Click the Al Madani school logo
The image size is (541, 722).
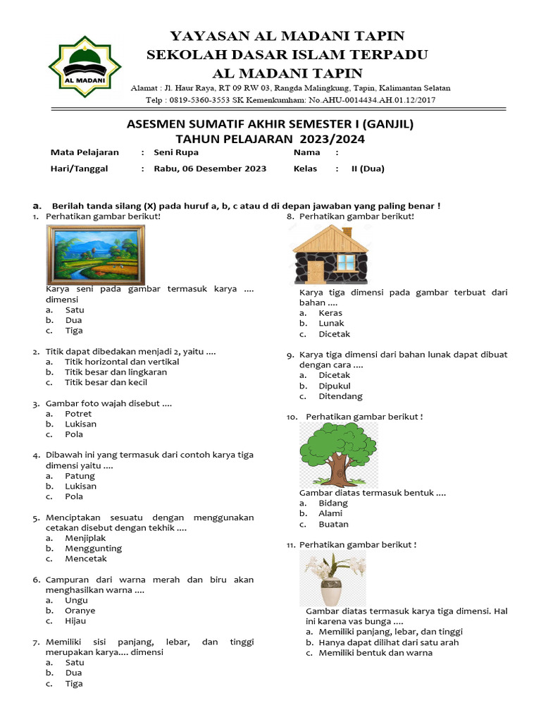click(x=85, y=66)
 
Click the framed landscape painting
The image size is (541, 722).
click(x=96, y=254)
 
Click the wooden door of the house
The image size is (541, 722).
click(x=315, y=271)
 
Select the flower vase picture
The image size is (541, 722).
click(x=332, y=579)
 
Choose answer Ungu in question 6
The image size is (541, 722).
click(x=76, y=600)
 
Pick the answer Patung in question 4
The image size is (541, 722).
click(x=80, y=476)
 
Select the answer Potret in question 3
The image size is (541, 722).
click(x=78, y=414)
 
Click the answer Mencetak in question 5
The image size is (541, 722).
click(x=86, y=558)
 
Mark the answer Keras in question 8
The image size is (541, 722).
click(x=330, y=313)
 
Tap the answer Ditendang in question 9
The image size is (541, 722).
click(x=340, y=396)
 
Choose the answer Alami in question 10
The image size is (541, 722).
click(x=330, y=514)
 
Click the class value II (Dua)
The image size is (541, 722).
click(x=368, y=169)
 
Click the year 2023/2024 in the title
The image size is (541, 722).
click(x=330, y=139)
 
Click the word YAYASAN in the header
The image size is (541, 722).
click(x=201, y=36)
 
